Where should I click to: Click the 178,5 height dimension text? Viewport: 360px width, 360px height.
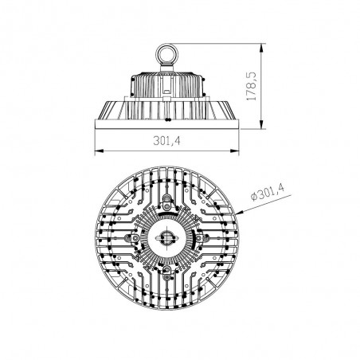pyautogui.click(x=274, y=88)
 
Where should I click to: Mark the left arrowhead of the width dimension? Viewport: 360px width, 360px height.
pyautogui.click(x=97, y=151)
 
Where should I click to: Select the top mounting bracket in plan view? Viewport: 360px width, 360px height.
pyautogui.click(x=168, y=200)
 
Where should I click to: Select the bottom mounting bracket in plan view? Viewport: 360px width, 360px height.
pyautogui.click(x=168, y=276)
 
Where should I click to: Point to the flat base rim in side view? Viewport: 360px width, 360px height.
pyautogui.click(x=168, y=123)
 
